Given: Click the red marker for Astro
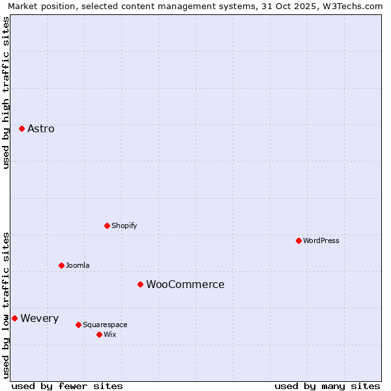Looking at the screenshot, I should [22, 128].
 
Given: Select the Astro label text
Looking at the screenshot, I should [41, 129].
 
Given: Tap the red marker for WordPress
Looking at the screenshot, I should [298, 240].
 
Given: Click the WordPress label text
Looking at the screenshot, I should [321, 241].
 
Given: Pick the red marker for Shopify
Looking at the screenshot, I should [107, 225].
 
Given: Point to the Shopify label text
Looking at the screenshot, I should [124, 226].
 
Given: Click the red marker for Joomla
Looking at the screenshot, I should [61, 265].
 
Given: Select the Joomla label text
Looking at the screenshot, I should [78, 266].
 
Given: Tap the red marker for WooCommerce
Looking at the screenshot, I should [140, 284].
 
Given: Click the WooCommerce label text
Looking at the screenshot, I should [185, 285].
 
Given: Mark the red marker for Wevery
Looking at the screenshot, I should [14, 318].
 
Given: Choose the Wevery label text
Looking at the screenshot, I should [40, 319].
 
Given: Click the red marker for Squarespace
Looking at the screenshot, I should [78, 325].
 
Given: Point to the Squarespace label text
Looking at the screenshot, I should [105, 325].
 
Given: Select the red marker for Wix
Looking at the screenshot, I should [99, 334].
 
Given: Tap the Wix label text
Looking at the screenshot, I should [110, 335].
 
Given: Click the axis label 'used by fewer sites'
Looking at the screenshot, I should [67, 386].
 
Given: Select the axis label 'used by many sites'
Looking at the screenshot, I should [327, 386].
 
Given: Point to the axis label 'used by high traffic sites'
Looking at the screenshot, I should [6, 93].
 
